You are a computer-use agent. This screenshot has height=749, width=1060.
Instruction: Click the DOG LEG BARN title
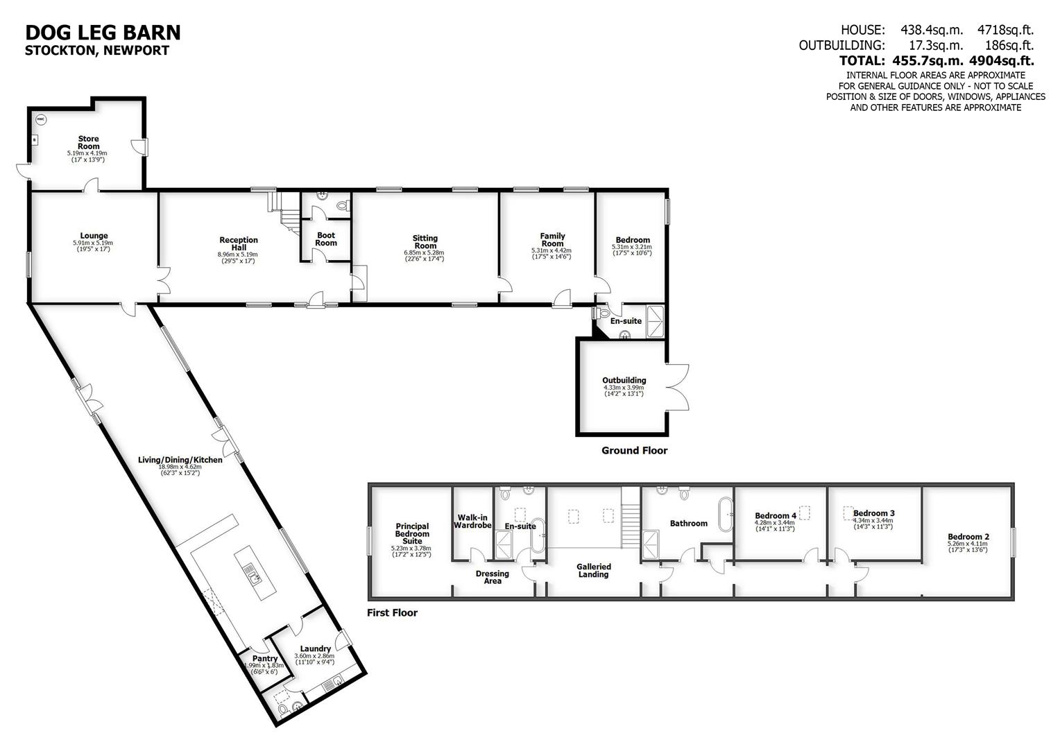(103, 33)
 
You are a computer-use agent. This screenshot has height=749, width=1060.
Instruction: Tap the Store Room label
(88, 143)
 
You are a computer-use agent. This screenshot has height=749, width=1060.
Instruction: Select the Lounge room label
(94, 236)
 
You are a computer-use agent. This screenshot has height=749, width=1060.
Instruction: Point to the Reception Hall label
(238, 244)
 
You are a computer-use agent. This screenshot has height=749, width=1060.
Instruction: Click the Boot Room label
(326, 239)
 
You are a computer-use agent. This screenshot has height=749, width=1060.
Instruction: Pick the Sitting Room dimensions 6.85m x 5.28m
(425, 253)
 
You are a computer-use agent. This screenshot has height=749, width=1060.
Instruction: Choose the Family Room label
(552, 240)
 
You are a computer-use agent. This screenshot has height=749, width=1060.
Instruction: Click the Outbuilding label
(624, 380)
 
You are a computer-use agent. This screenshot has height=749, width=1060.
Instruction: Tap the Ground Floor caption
(634, 451)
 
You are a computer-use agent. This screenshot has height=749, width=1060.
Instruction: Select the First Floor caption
(392, 613)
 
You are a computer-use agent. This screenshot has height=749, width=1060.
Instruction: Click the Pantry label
(265, 659)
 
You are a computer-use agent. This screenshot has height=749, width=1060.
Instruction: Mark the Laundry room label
(315, 649)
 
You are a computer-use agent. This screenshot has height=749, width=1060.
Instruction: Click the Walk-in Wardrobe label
(472, 521)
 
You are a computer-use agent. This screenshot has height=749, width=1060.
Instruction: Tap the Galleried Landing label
(593, 570)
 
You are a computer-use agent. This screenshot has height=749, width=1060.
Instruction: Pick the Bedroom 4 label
(776, 515)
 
